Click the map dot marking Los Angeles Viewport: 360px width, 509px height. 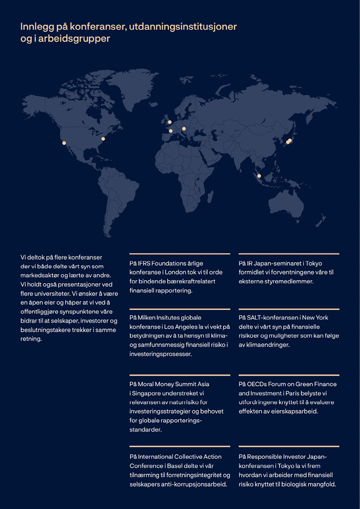point(64,143)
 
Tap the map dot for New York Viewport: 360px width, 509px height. point(103,139)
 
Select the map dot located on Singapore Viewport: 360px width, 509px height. point(259,176)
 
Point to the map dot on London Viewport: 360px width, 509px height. point(170,122)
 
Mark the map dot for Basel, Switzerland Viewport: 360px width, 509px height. point(184,129)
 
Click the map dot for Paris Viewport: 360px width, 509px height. point(171,131)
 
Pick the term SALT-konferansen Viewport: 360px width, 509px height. point(271,318)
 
